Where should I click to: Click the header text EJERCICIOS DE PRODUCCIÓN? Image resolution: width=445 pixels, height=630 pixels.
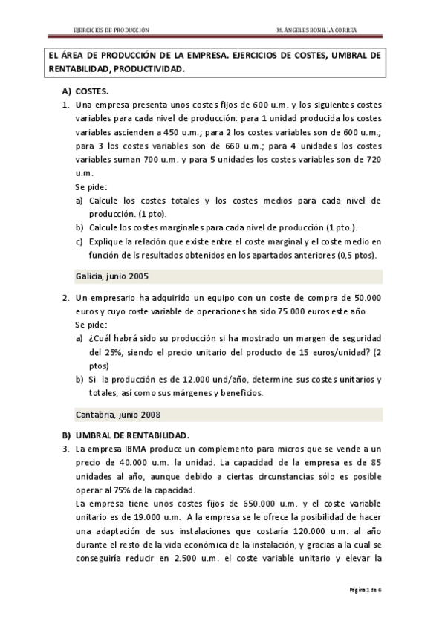109,30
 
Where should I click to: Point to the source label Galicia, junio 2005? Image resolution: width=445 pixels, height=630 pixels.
112,276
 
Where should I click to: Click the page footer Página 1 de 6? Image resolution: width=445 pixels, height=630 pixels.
366,590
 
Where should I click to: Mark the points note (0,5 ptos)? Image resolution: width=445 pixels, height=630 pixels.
356,255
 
